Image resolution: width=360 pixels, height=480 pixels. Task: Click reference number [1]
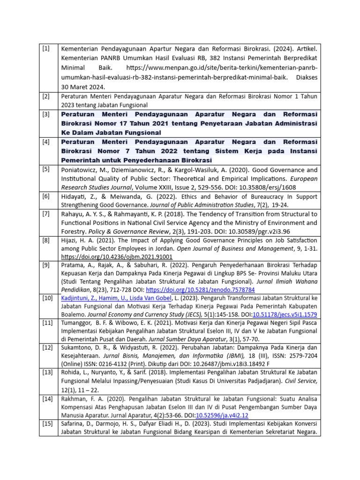tap(46, 49)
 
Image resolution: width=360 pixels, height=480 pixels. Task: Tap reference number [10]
tap(47, 298)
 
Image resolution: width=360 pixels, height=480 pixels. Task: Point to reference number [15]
tap(47, 424)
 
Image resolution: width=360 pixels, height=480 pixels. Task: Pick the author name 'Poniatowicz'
tap(80, 170)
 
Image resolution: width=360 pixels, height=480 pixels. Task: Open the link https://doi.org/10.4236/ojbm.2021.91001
tap(117, 257)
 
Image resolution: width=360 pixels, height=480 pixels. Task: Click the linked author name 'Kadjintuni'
tap(79, 299)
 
